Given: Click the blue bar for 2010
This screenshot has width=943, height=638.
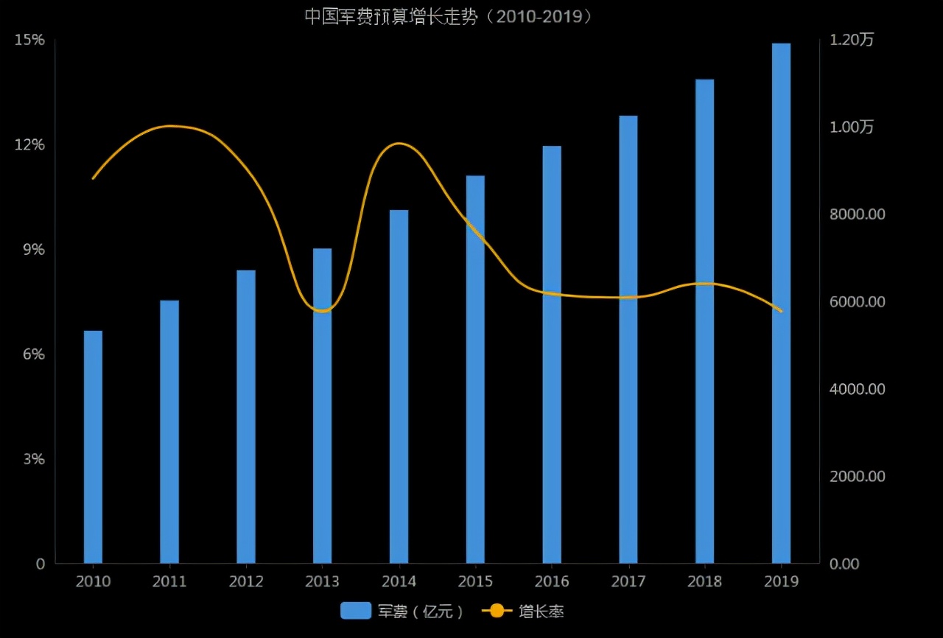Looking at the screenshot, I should click(x=93, y=446).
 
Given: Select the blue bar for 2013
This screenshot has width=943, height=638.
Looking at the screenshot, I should click(x=322, y=405).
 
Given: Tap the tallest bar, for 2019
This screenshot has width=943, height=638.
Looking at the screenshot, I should click(x=781, y=303).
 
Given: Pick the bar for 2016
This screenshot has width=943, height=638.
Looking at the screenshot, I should click(x=552, y=354).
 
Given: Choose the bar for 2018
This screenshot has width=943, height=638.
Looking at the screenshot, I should click(x=704, y=321).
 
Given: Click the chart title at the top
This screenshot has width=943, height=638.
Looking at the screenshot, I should click(x=449, y=17).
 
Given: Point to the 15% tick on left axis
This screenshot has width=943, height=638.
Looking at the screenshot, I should click(x=29, y=40).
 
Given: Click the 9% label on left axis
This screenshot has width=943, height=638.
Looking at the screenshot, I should click(x=32, y=250).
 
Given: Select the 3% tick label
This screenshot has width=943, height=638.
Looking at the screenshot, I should click(x=32, y=459).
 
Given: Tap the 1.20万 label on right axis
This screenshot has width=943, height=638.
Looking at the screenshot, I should click(x=852, y=40).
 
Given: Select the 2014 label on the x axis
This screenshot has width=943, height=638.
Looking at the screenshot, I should click(x=399, y=582).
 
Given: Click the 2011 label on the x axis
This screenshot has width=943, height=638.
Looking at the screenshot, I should click(x=169, y=582).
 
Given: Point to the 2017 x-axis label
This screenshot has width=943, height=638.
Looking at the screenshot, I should click(x=628, y=582).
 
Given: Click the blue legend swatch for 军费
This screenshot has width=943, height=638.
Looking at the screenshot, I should click(x=356, y=611).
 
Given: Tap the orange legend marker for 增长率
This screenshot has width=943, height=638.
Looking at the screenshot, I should click(x=497, y=611).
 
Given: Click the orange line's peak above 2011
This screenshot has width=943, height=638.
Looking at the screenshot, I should click(x=170, y=126).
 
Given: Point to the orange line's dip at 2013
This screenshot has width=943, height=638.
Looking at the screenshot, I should click(x=322, y=312).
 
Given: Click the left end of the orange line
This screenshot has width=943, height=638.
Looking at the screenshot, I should click(x=93, y=178).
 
